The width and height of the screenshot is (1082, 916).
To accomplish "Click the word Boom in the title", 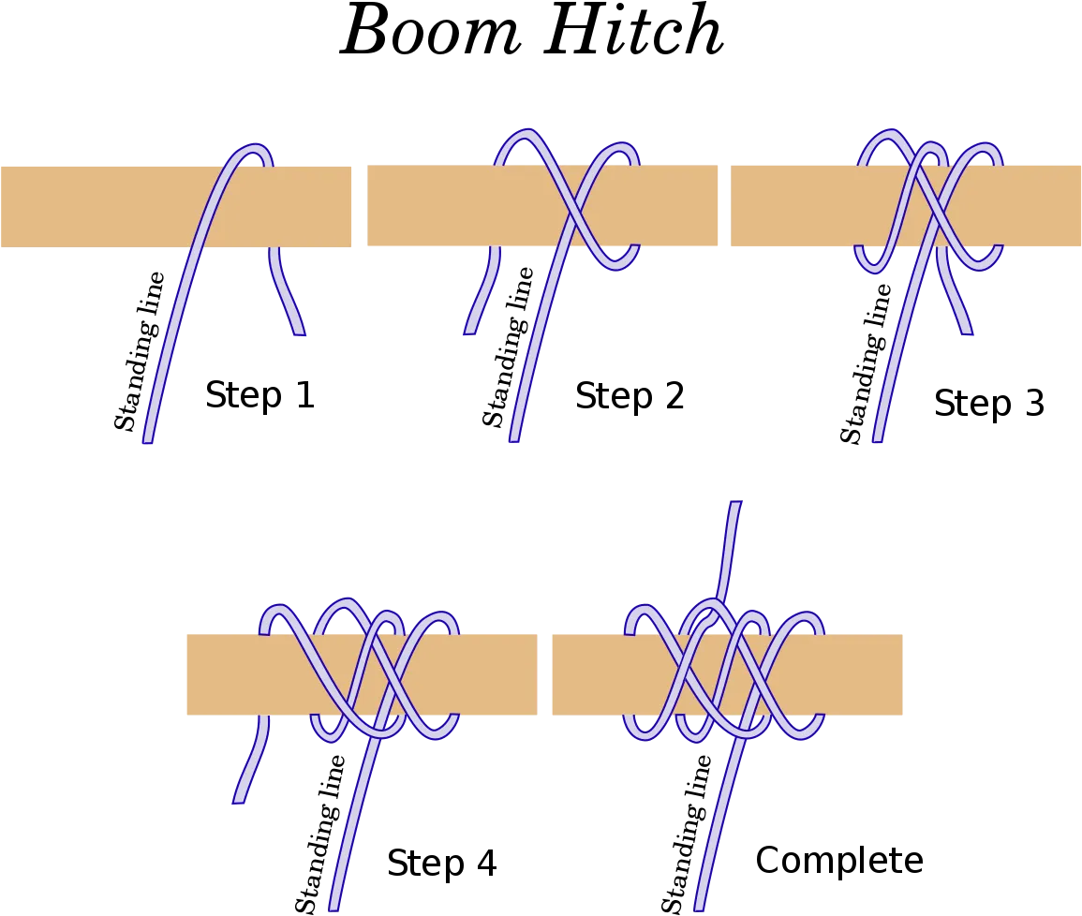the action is click(x=431, y=30).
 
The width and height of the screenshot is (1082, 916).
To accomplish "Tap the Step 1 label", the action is click(x=260, y=395).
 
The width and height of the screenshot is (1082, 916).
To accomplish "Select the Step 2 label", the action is click(x=630, y=396).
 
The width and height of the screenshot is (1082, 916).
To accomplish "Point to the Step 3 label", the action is click(x=989, y=403).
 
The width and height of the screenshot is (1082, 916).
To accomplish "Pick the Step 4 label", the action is click(x=441, y=863).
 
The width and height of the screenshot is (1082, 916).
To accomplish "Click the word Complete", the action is click(x=839, y=861).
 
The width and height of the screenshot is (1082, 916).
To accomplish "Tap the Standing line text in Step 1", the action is click(x=140, y=351).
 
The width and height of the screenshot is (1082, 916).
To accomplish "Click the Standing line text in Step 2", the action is click(x=508, y=347).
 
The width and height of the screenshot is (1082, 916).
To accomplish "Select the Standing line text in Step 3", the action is click(x=866, y=362).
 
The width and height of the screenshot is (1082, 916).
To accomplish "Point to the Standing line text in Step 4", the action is click(x=320, y=834).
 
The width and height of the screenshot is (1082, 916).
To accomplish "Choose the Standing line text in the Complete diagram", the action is click(x=687, y=834).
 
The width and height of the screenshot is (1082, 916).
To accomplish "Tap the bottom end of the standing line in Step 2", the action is click(x=514, y=438).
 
